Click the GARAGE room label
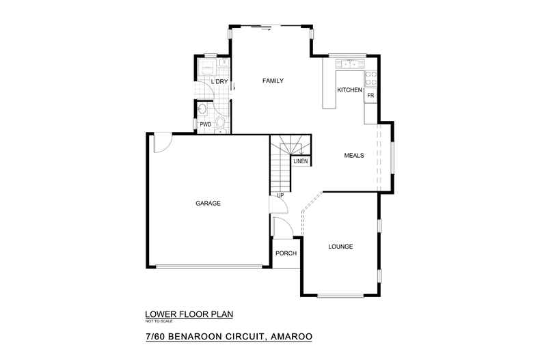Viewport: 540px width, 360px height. (208, 204)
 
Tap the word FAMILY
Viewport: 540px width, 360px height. (273, 81)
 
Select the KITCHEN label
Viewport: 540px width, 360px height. (349, 90)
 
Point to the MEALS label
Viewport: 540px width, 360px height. (353, 156)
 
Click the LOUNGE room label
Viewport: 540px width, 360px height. (340, 247)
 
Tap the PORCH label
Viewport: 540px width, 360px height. (285, 253)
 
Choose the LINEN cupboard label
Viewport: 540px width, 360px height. (301, 162)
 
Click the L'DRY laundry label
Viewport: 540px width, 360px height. (219, 82)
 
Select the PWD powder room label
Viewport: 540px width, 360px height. (205, 124)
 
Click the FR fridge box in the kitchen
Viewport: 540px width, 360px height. (370, 96)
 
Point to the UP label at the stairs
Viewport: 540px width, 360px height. (280, 196)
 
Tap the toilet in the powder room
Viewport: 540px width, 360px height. (220, 123)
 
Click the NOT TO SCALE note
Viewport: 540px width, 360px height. (159, 320)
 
